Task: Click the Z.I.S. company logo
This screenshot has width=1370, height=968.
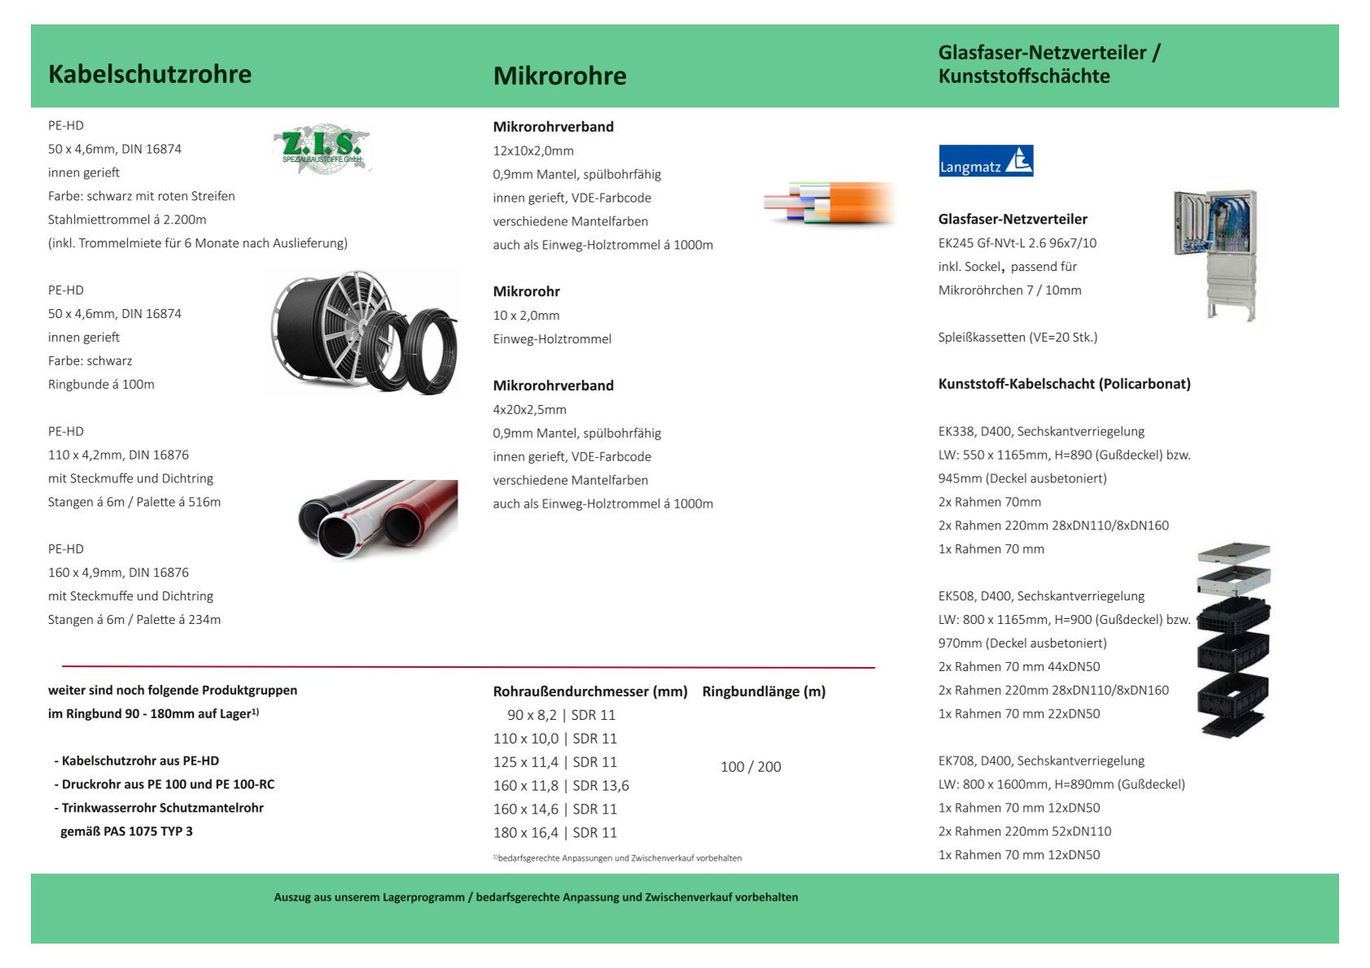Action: click(321, 150)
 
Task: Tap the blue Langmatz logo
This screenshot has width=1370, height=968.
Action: click(985, 161)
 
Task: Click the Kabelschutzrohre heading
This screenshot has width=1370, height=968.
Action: click(150, 74)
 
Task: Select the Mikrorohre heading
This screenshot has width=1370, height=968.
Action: click(560, 76)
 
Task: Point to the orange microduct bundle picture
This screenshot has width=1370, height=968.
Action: click(830, 203)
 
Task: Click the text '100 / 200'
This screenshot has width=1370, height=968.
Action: click(750, 767)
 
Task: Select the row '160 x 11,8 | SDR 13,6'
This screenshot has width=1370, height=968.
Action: click(561, 786)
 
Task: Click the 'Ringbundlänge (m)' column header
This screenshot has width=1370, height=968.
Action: click(763, 691)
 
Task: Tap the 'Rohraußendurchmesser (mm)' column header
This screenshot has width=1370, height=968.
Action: click(590, 691)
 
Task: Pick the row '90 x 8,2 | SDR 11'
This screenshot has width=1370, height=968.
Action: click(561, 715)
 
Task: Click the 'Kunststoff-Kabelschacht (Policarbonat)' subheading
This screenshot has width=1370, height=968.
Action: click(1064, 384)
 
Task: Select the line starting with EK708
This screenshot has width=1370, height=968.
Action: click(1041, 761)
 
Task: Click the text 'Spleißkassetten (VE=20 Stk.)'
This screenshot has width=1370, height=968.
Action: click(1017, 337)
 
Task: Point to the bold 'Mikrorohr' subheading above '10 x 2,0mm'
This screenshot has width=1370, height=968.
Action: click(526, 291)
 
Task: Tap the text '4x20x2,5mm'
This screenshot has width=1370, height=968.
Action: click(530, 409)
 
